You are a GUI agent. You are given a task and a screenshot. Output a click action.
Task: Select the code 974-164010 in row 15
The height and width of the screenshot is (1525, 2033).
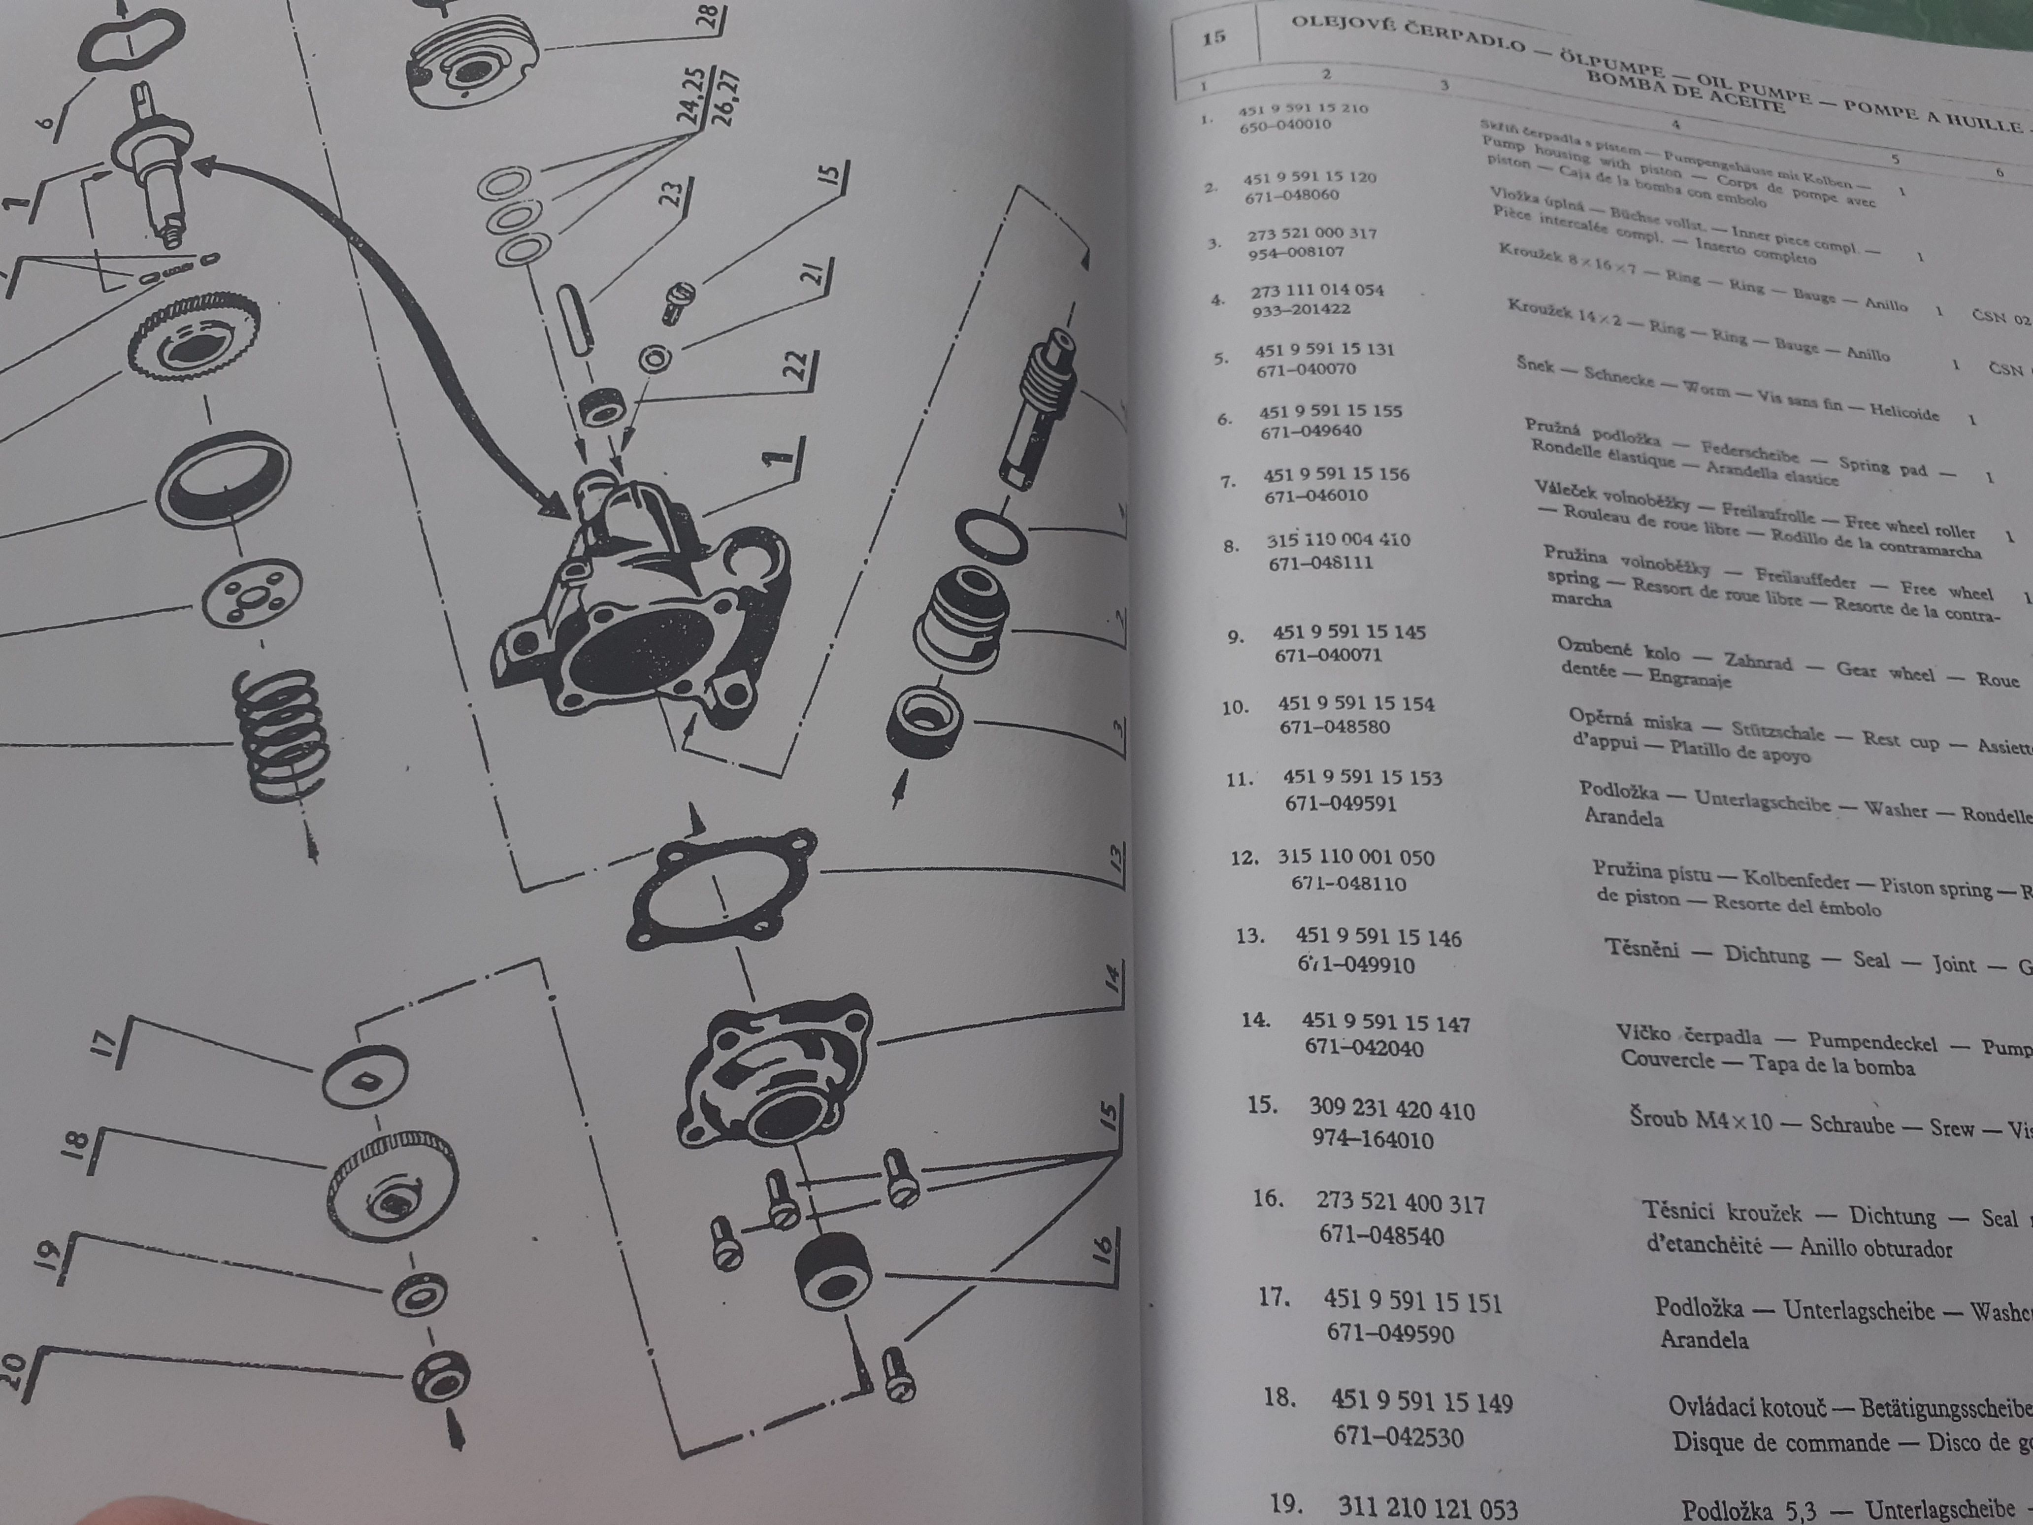pyautogui.click(x=1372, y=1140)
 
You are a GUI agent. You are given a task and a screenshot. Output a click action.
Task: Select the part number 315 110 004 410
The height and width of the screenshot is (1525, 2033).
pyautogui.click(x=1338, y=540)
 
